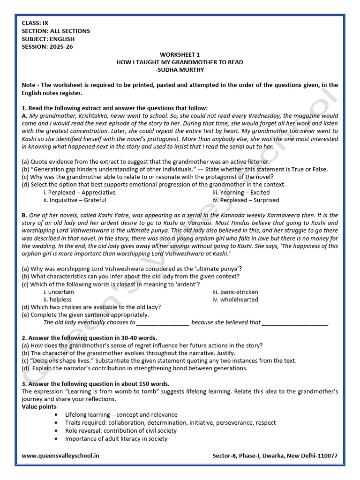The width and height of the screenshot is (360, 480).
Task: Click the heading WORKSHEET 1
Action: point(180,54)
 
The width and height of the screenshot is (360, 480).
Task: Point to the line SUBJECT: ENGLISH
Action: point(48,39)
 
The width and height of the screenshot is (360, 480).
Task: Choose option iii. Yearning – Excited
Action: point(241,192)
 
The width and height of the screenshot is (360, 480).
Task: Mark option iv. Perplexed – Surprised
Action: point(246,200)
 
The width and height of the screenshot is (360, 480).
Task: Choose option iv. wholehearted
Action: point(235,300)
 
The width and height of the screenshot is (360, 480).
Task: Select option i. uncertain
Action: point(59,292)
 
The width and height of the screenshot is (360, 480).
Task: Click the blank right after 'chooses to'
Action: point(163,322)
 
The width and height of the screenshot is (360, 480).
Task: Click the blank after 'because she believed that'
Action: point(295,322)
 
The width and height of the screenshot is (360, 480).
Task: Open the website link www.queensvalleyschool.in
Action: point(60,456)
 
